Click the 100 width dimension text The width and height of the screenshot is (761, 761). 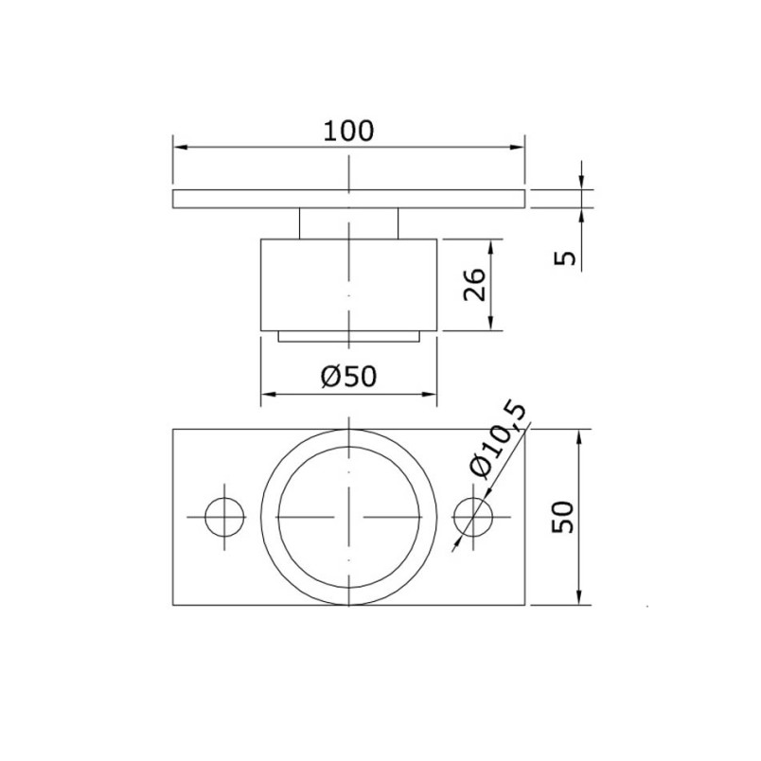348,131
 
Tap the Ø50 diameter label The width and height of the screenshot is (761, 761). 348,376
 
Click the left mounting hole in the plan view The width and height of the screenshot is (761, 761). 224,517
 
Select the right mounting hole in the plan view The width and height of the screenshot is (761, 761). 473,517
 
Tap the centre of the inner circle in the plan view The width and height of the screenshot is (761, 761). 349,517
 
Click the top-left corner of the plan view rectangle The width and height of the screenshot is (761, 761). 173,430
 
